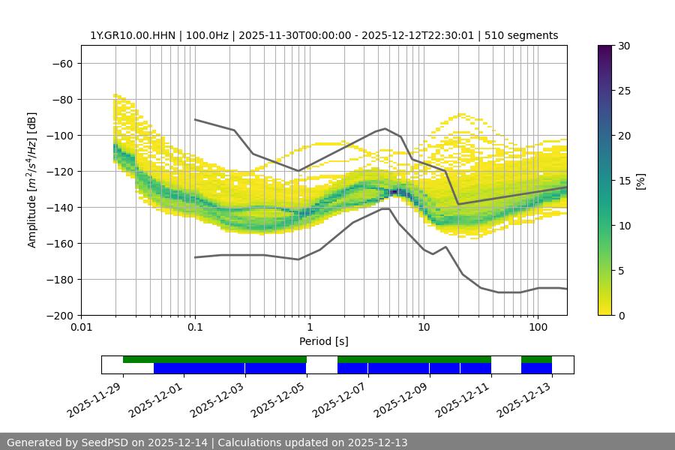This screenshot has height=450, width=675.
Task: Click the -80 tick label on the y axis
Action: click(x=61, y=99)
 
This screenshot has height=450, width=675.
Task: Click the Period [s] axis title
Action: click(x=324, y=341)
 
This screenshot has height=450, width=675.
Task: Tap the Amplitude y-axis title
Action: click(x=32, y=180)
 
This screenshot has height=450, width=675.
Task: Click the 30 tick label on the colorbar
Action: click(x=623, y=46)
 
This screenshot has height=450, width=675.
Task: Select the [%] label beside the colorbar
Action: click(x=640, y=181)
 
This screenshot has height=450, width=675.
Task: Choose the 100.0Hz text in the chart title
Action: click(x=208, y=35)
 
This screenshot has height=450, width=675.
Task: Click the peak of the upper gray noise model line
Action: click(x=385, y=128)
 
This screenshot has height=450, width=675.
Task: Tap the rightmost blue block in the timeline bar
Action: click(x=536, y=368)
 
